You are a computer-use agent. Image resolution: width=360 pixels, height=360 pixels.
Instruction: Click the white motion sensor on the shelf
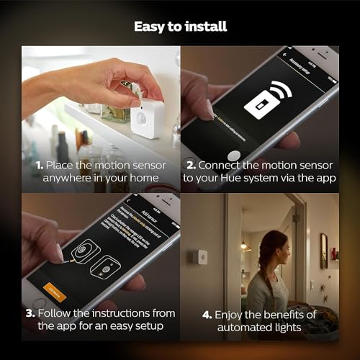[x=147, y=118]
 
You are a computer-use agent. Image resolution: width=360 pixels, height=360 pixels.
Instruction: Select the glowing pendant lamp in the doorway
[x=243, y=247]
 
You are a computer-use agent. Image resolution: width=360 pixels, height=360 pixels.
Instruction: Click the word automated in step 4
[x=246, y=328]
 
